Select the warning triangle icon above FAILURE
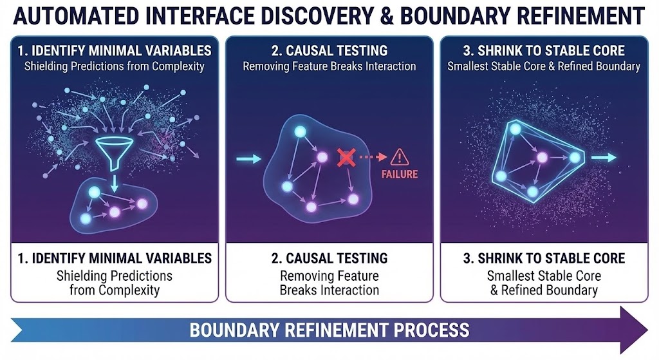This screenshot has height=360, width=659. pos(399,156)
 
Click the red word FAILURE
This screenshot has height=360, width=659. pos(400,174)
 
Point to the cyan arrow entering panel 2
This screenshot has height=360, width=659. pos(248,158)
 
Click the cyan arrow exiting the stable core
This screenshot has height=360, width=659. pos(604,157)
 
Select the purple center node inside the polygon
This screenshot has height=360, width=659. pos(543,157)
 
